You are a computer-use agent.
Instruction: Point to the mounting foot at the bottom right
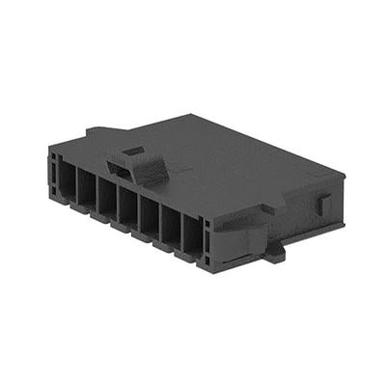pyautogui.click(x=273, y=252)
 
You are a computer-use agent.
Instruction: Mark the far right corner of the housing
pyautogui.click(x=344, y=177)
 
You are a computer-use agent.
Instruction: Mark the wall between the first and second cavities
pyautogui.click(x=75, y=185)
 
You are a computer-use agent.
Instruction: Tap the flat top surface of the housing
pyautogui.click(x=232, y=164)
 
